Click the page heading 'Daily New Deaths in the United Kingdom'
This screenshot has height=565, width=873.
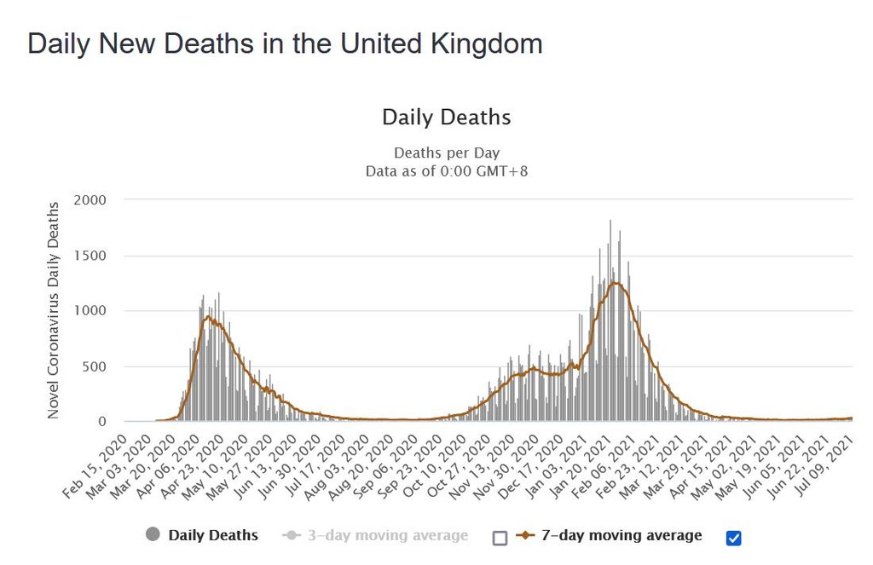[285, 43]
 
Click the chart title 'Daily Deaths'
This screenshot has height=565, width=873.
[446, 118]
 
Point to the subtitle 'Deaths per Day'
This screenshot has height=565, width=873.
[446, 153]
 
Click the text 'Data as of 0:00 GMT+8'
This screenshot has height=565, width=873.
[446, 170]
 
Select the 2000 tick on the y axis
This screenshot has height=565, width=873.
[90, 200]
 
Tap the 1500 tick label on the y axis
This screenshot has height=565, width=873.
[90, 256]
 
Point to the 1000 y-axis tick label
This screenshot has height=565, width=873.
[90, 311]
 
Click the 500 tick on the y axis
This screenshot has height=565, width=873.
[94, 366]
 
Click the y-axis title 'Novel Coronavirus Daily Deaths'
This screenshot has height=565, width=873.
[54, 310]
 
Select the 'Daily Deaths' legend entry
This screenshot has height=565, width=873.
[212, 535]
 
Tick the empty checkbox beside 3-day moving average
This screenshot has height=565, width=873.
[500, 538]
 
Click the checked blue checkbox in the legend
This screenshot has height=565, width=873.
[733, 538]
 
